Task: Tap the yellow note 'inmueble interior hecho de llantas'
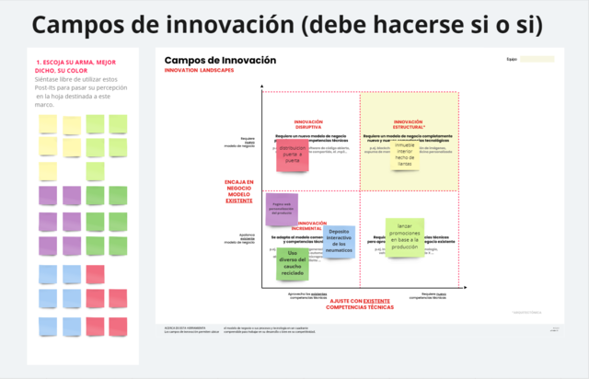coord(404,155)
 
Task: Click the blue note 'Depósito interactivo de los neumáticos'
coord(339,241)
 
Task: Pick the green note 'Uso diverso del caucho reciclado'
coord(292,263)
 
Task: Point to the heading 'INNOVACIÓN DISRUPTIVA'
coord(308,124)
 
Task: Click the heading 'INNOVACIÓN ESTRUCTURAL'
coord(409,124)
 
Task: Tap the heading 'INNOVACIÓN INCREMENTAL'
coord(312,225)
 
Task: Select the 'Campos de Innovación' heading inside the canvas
coord(220,61)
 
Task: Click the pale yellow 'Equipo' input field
coord(537,59)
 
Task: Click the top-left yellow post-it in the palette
coord(48,123)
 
